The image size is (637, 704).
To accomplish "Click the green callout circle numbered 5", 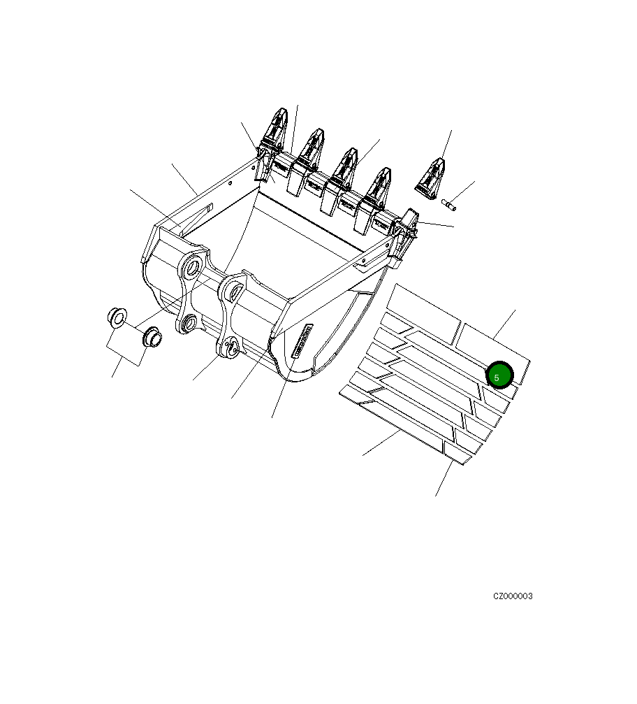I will (499, 375).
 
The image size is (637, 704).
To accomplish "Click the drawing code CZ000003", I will (513, 596).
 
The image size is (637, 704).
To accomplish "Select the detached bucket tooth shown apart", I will (430, 177).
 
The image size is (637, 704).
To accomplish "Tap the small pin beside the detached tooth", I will (449, 204).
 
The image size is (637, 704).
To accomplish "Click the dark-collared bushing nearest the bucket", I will (152, 338).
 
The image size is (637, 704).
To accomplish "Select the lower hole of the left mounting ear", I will (189, 323).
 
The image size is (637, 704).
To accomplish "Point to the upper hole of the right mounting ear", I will (234, 289).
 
